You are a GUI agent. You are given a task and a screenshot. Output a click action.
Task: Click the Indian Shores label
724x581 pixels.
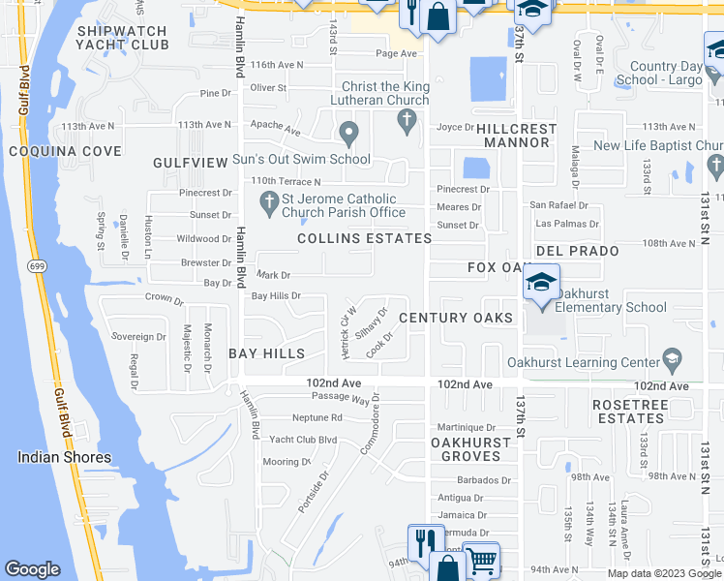pos(64,457)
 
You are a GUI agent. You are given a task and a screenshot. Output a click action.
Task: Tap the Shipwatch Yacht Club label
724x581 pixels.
pos(123,38)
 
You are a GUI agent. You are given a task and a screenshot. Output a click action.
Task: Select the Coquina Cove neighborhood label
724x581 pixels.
pos(65,151)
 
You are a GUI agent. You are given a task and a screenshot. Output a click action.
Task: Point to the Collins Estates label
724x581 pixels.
pos(364,238)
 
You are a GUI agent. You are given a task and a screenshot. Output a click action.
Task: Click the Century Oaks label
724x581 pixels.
pos(455,318)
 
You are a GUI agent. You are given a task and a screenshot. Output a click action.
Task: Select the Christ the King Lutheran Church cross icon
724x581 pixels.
pos(407,120)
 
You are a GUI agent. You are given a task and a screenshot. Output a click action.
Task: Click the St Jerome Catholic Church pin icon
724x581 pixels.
pos(270,200)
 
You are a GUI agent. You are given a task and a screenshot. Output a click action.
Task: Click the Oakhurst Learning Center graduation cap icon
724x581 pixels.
pos(671,363)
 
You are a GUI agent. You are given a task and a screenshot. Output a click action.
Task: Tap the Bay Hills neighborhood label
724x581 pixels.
pos(267,353)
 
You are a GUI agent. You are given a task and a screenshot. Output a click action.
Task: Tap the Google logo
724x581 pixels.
pos(32,569)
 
